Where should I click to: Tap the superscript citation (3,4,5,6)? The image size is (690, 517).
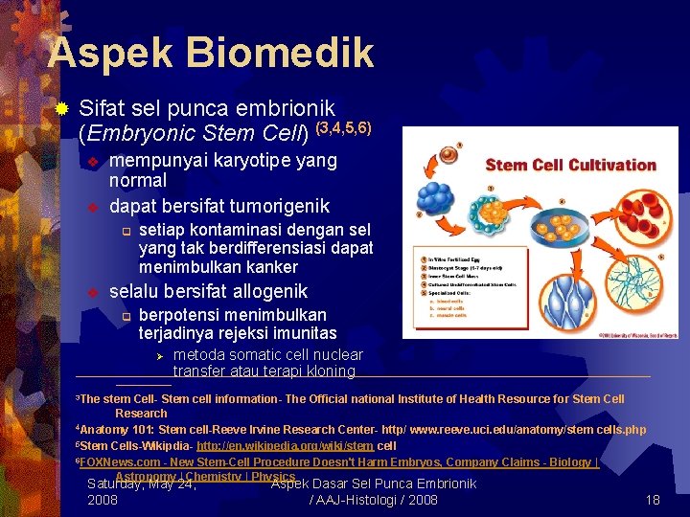[x=343, y=127]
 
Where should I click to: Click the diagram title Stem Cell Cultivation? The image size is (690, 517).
[x=571, y=165]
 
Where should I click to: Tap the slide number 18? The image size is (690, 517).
[x=653, y=500]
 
